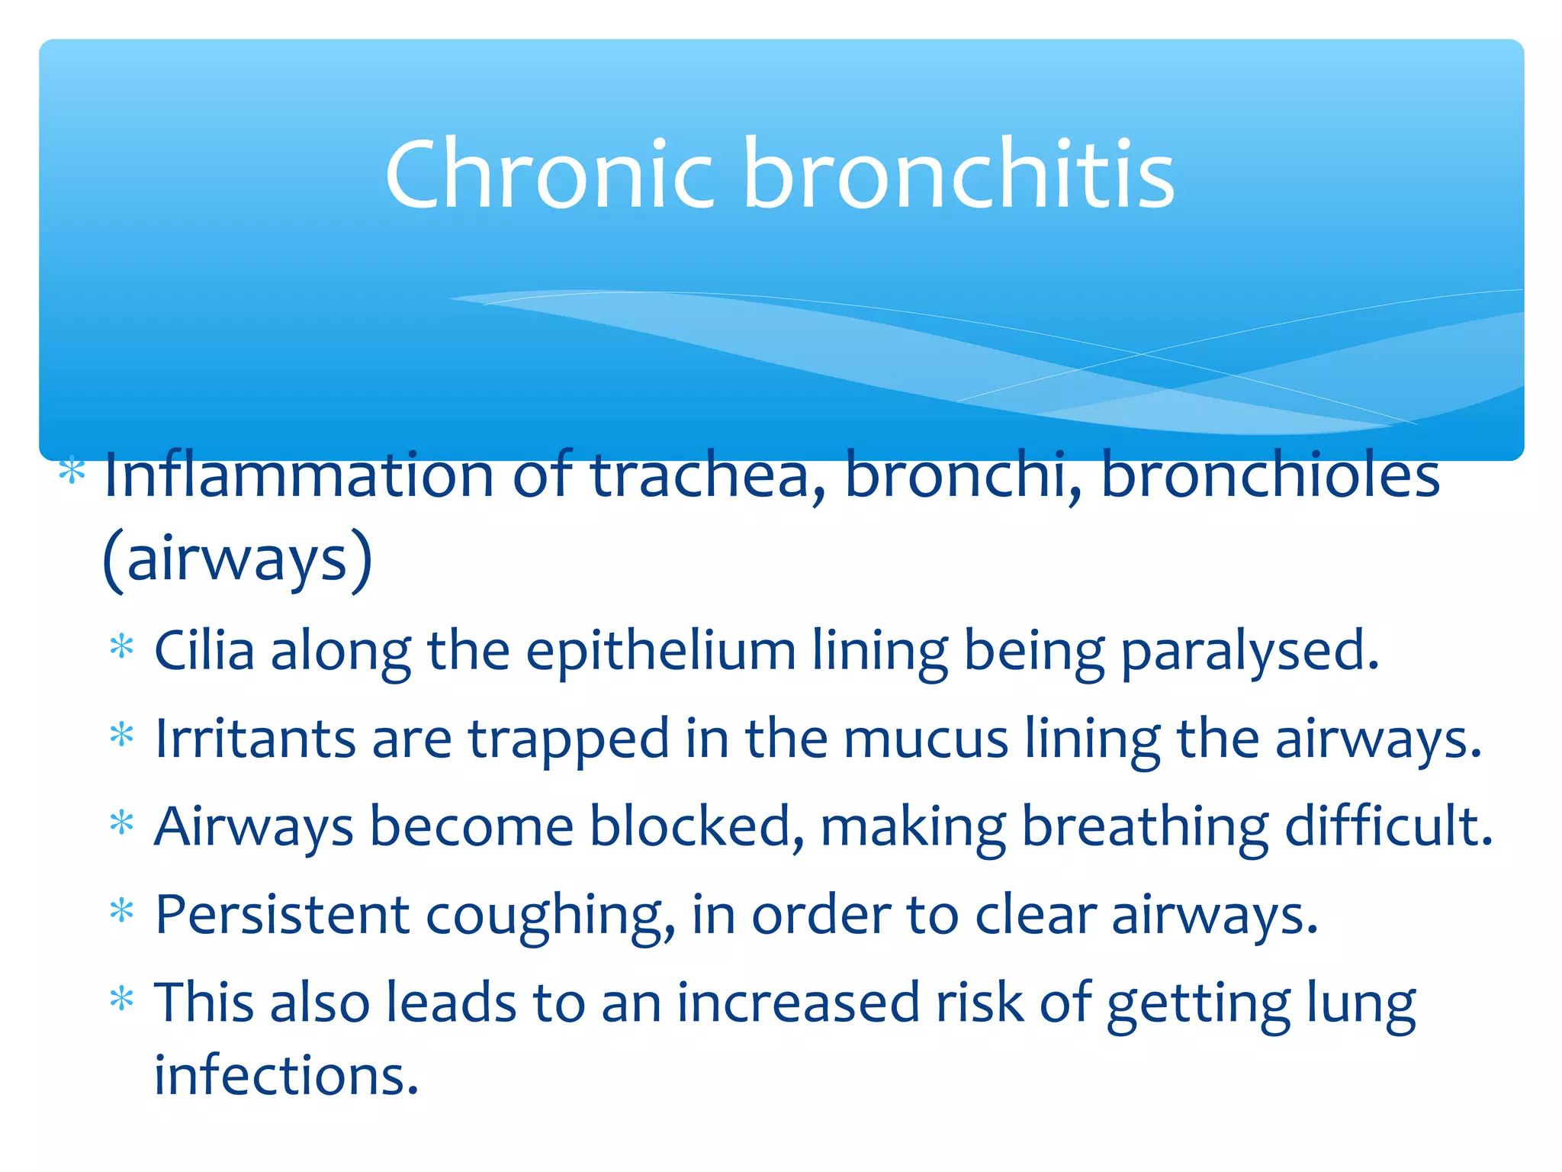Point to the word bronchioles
point(1271,475)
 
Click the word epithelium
point(660,652)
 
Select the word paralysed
point(1250,652)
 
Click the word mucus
point(926,740)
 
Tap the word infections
point(287,1075)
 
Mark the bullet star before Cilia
point(122,648)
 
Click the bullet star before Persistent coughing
point(122,911)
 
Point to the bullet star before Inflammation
point(72,470)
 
